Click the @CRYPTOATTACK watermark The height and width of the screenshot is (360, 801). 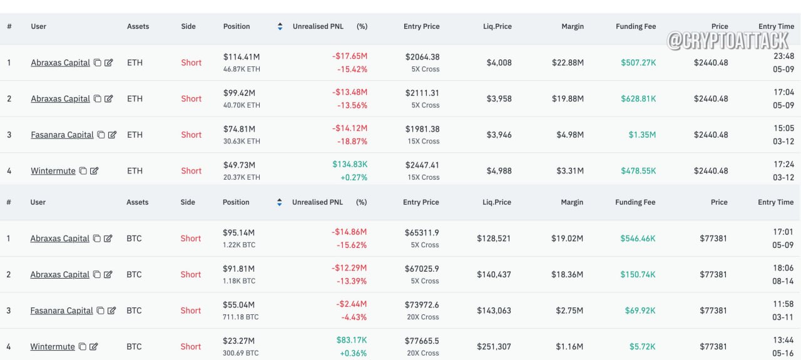click(728, 41)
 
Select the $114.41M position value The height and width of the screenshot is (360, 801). click(242, 57)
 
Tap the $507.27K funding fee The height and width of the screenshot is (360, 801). click(638, 63)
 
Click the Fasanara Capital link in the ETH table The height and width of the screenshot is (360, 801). click(62, 135)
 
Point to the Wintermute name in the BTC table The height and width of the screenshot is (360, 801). click(53, 346)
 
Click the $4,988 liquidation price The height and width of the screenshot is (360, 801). click(499, 171)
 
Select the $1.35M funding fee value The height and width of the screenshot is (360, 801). click(642, 135)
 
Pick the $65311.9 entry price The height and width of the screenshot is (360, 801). click(422, 233)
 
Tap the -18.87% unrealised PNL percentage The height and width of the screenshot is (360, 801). click(352, 141)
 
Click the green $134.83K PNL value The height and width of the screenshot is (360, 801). click(350, 164)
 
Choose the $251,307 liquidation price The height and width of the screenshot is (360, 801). click(494, 346)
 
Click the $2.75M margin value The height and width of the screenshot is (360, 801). click(569, 311)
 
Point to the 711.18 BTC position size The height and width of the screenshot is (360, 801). click(240, 317)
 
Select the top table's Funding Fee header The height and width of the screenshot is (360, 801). click(636, 26)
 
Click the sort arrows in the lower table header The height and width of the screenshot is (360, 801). click(279, 202)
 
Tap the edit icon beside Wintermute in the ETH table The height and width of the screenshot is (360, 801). click(94, 171)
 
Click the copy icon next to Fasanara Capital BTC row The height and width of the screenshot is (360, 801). click(101, 311)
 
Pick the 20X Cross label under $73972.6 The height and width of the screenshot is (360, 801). click(422, 317)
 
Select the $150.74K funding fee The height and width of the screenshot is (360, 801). click(638, 274)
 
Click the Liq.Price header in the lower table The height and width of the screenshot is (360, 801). click(497, 202)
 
